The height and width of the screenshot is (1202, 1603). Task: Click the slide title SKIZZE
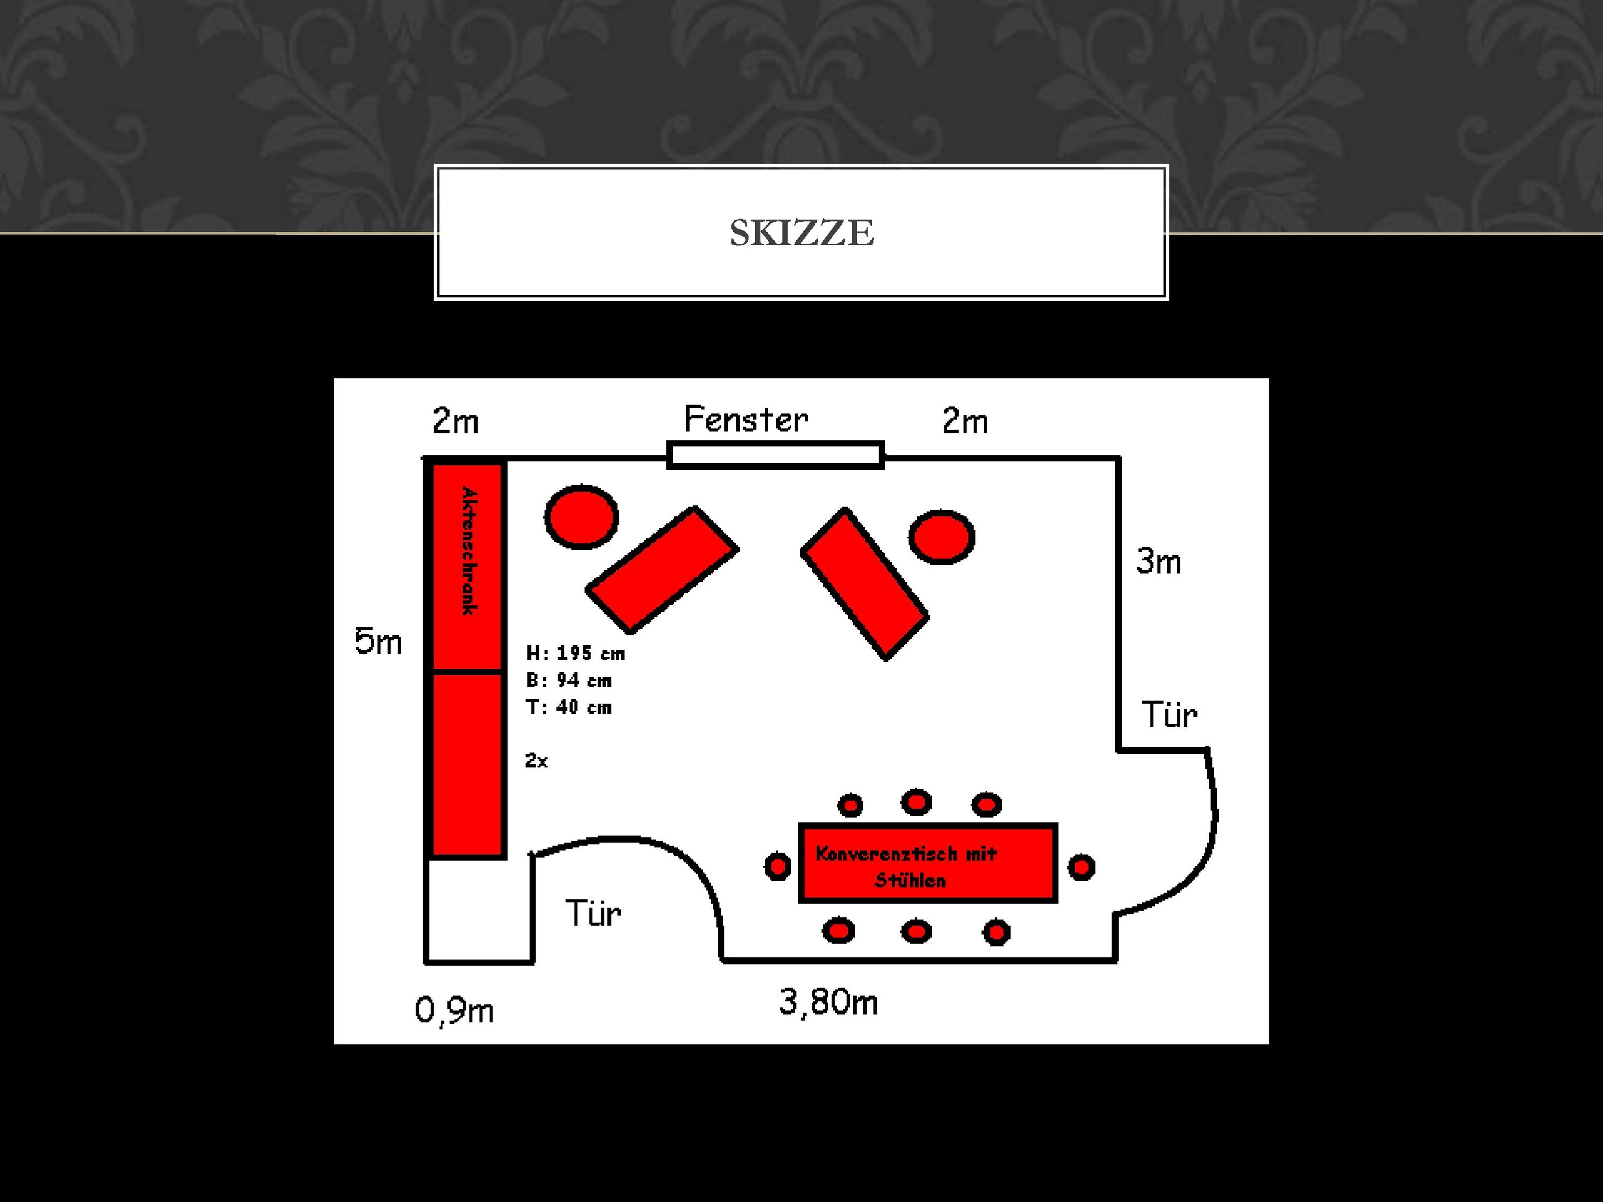[801, 233]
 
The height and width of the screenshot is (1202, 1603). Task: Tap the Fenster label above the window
[746, 419]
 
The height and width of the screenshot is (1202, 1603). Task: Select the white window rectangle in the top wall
[775, 455]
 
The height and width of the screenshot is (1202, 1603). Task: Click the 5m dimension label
[378, 641]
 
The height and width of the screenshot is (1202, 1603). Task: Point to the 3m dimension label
[1159, 562]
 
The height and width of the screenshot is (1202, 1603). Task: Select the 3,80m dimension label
[828, 1003]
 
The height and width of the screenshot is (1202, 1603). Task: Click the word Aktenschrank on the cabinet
[469, 552]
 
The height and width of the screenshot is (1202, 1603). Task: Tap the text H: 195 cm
[575, 654]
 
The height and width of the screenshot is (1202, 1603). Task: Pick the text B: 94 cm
[569, 681]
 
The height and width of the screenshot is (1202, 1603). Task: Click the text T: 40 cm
[569, 707]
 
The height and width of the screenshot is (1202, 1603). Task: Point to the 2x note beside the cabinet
[536, 760]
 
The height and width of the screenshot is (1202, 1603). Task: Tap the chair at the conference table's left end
[778, 866]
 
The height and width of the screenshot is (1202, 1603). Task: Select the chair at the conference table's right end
[1081, 866]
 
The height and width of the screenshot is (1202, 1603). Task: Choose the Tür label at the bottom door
[593, 913]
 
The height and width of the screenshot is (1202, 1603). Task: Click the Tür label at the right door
[1170, 715]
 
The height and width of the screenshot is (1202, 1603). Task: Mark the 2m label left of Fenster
[455, 421]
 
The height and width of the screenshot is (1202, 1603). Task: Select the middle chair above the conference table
[916, 802]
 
